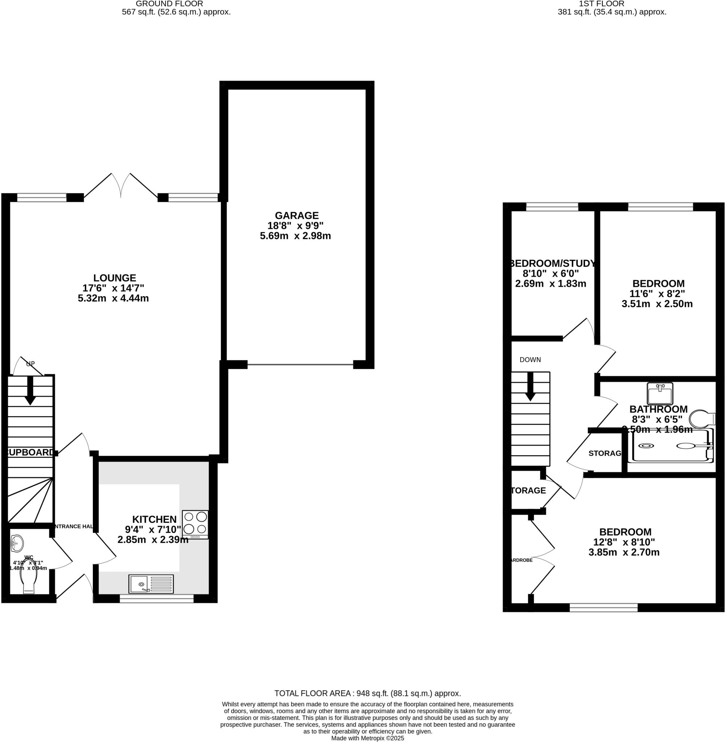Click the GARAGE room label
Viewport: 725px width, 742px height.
[296, 215]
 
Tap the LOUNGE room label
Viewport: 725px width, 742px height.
[115, 278]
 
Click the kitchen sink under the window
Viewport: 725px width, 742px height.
[151, 584]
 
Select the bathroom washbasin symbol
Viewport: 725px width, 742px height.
[660, 393]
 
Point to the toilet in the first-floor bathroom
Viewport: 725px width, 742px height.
[701, 419]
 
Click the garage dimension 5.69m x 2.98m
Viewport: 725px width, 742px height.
[295, 236]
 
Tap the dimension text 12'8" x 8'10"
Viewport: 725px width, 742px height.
[624, 542]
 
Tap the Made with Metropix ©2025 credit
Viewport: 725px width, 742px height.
[368, 738]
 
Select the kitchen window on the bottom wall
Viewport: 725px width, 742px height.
[157, 599]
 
